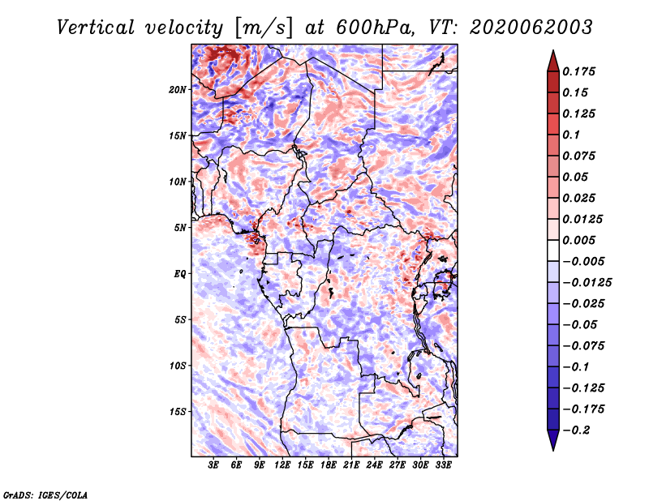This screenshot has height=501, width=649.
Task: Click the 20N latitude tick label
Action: click(178, 89)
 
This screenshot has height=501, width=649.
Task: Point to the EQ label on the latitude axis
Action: click(179, 274)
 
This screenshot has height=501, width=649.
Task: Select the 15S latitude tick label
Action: click(178, 412)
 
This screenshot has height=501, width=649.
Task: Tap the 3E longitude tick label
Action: click(213, 465)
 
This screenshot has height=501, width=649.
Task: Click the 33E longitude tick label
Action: click(443, 465)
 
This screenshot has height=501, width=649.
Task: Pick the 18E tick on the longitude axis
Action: click(329, 465)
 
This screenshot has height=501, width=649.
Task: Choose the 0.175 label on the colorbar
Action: click(578, 71)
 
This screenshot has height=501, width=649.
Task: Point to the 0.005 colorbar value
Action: click(578, 240)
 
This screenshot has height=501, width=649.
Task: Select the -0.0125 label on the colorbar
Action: click(587, 283)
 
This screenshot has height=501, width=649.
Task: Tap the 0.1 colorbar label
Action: click(571, 135)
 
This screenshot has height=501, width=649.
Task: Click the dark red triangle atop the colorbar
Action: click(553, 61)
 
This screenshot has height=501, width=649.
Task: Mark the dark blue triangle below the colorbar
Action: click(553, 440)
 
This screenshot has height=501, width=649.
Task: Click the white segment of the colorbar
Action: click(553, 250)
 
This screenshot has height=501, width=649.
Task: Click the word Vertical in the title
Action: click(96, 28)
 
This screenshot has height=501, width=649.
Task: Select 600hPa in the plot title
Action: click(375, 28)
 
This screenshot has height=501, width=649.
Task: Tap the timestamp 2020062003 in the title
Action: click(531, 28)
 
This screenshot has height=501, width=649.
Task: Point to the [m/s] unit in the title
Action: click(264, 28)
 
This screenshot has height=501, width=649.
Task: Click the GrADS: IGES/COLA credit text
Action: click(45, 495)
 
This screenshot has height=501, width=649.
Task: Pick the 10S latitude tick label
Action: click(178, 366)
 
